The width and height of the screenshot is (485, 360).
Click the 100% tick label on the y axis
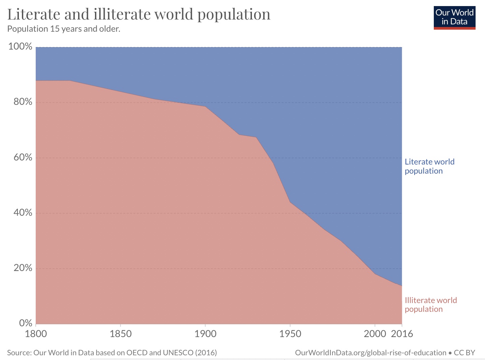20,47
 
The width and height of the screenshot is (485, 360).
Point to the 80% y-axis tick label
23,102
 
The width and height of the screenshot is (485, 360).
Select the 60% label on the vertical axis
23,157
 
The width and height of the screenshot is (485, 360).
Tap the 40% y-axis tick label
23,213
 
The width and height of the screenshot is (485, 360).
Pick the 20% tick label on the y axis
23,268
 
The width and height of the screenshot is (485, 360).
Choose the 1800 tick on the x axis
36,334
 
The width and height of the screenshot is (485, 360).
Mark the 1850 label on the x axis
121,334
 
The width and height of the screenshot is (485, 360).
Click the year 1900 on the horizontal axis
205,334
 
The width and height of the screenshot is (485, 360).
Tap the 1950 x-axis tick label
290,334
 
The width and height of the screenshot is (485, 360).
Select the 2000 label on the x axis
375,334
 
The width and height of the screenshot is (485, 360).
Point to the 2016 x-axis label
402,334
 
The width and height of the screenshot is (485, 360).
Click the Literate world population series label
429,166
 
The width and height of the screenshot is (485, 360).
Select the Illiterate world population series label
430,305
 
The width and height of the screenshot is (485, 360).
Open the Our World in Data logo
454,18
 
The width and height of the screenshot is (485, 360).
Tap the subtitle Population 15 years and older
64,29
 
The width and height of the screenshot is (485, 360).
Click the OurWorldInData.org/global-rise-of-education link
370,353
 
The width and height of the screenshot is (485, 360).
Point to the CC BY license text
464,353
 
